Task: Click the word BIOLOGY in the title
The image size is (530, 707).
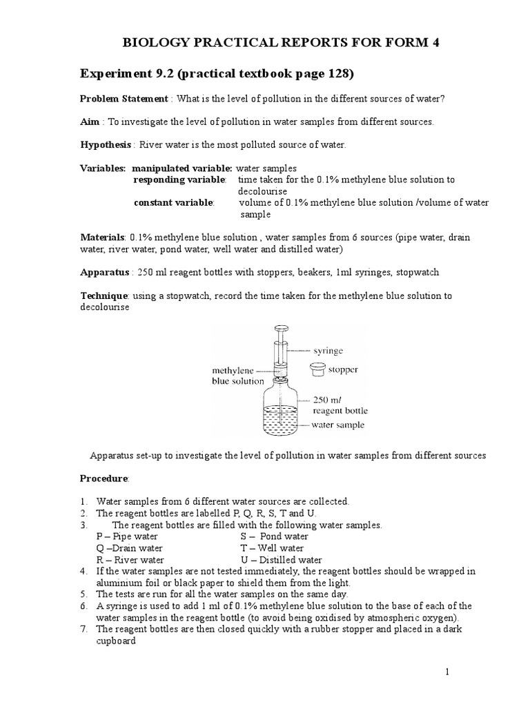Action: click(153, 43)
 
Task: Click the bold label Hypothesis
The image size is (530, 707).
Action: click(107, 145)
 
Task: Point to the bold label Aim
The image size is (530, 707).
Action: click(90, 122)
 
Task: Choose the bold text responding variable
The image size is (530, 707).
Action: click(179, 180)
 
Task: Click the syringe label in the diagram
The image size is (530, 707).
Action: click(328, 351)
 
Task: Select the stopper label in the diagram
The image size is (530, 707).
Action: click(343, 369)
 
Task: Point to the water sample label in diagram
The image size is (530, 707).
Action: click(337, 425)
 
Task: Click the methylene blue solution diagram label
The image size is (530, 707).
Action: click(237, 376)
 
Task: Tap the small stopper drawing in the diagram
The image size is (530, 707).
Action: click(317, 369)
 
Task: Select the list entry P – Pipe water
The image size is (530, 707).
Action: click(127, 536)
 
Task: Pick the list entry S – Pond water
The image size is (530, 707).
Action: click(274, 536)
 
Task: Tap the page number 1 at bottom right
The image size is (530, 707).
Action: click(447, 671)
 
